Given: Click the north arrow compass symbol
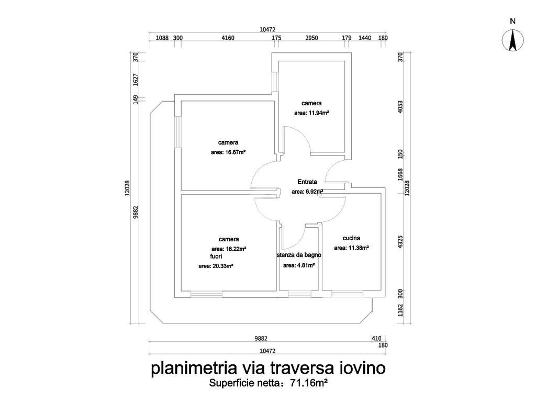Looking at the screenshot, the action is pyautogui.click(x=513, y=41).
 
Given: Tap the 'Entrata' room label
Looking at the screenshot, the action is pyautogui.click(x=307, y=182).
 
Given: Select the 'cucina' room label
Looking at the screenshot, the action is pyautogui.click(x=351, y=238).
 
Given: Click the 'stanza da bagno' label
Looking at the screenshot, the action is pyautogui.click(x=299, y=255).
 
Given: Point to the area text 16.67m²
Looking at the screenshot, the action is pyautogui.click(x=228, y=152).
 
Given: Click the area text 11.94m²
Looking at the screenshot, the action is pyautogui.click(x=311, y=113).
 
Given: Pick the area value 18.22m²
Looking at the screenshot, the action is pyautogui.click(x=229, y=249).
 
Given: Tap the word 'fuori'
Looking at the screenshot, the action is pyautogui.click(x=216, y=256).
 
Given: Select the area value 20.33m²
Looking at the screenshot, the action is pyautogui.click(x=216, y=266).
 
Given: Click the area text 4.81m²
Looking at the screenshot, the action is pyautogui.click(x=299, y=265).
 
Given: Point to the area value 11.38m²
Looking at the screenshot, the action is pyautogui.click(x=351, y=248).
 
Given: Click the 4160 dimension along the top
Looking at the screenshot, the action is pyautogui.click(x=228, y=38).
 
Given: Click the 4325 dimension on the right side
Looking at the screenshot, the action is pyautogui.click(x=401, y=242).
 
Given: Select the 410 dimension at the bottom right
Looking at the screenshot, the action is pyautogui.click(x=376, y=338).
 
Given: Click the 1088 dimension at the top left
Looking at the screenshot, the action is pyautogui.click(x=163, y=38).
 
